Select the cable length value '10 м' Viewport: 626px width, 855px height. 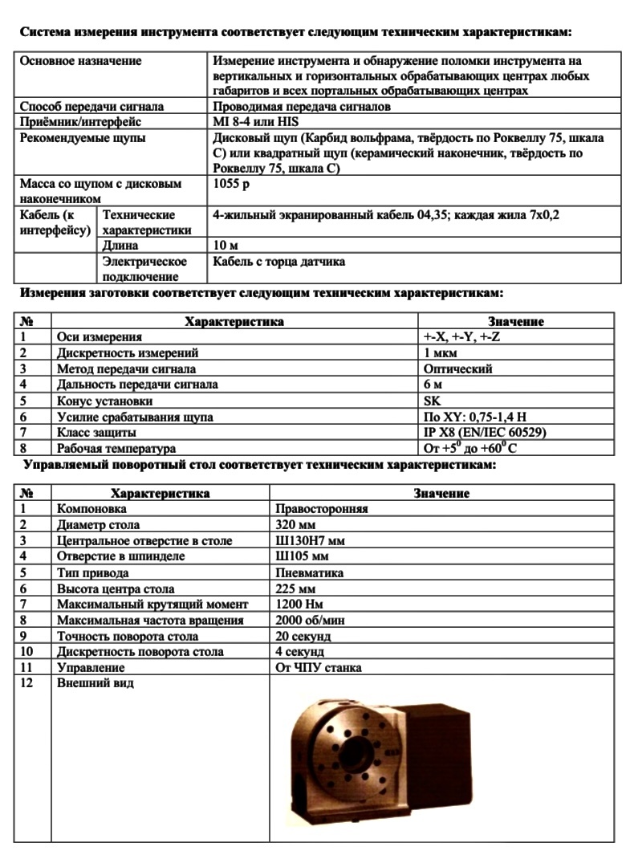(x=226, y=246)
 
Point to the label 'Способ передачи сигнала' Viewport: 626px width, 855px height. (x=91, y=107)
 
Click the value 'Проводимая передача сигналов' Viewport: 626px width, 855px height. (x=302, y=107)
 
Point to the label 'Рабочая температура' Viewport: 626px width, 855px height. (x=116, y=449)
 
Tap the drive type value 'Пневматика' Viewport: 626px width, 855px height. (x=309, y=573)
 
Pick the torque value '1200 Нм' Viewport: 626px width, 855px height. (x=301, y=605)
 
